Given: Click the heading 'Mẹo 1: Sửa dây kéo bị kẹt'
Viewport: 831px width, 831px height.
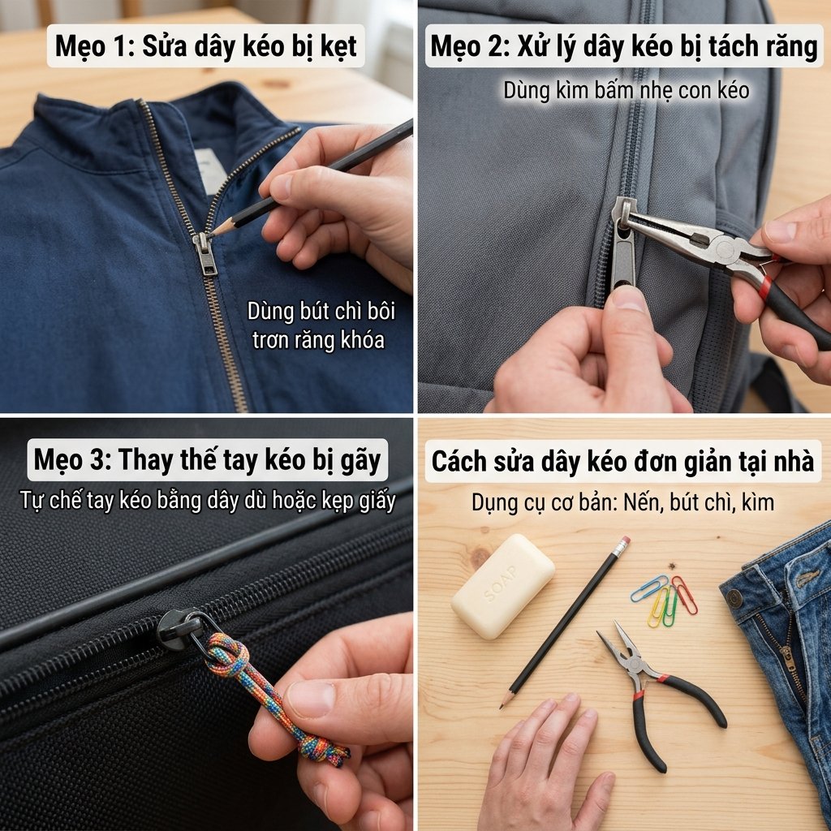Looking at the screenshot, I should (206, 47).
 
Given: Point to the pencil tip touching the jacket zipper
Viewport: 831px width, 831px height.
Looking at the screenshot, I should (213, 233).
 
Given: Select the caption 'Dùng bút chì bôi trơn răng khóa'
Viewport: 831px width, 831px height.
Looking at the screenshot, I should (321, 325).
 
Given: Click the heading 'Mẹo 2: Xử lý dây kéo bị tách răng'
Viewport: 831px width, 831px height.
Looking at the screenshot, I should (623, 47).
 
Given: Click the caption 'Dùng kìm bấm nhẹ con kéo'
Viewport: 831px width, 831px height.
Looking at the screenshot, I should (625, 90).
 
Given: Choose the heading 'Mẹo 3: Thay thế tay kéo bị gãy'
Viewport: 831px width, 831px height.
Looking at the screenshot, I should (207, 460).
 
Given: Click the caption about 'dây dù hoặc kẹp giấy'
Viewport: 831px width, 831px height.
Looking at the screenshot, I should (207, 501).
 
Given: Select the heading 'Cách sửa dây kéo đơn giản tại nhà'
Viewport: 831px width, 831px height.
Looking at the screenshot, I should (622, 461).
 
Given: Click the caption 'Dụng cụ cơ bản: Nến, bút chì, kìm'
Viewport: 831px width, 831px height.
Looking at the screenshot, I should (622, 502).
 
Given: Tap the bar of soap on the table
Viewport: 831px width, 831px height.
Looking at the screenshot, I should (502, 586).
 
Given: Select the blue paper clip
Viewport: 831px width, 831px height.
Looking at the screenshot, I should (649, 588).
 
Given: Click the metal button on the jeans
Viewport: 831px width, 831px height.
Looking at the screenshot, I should (734, 598).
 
